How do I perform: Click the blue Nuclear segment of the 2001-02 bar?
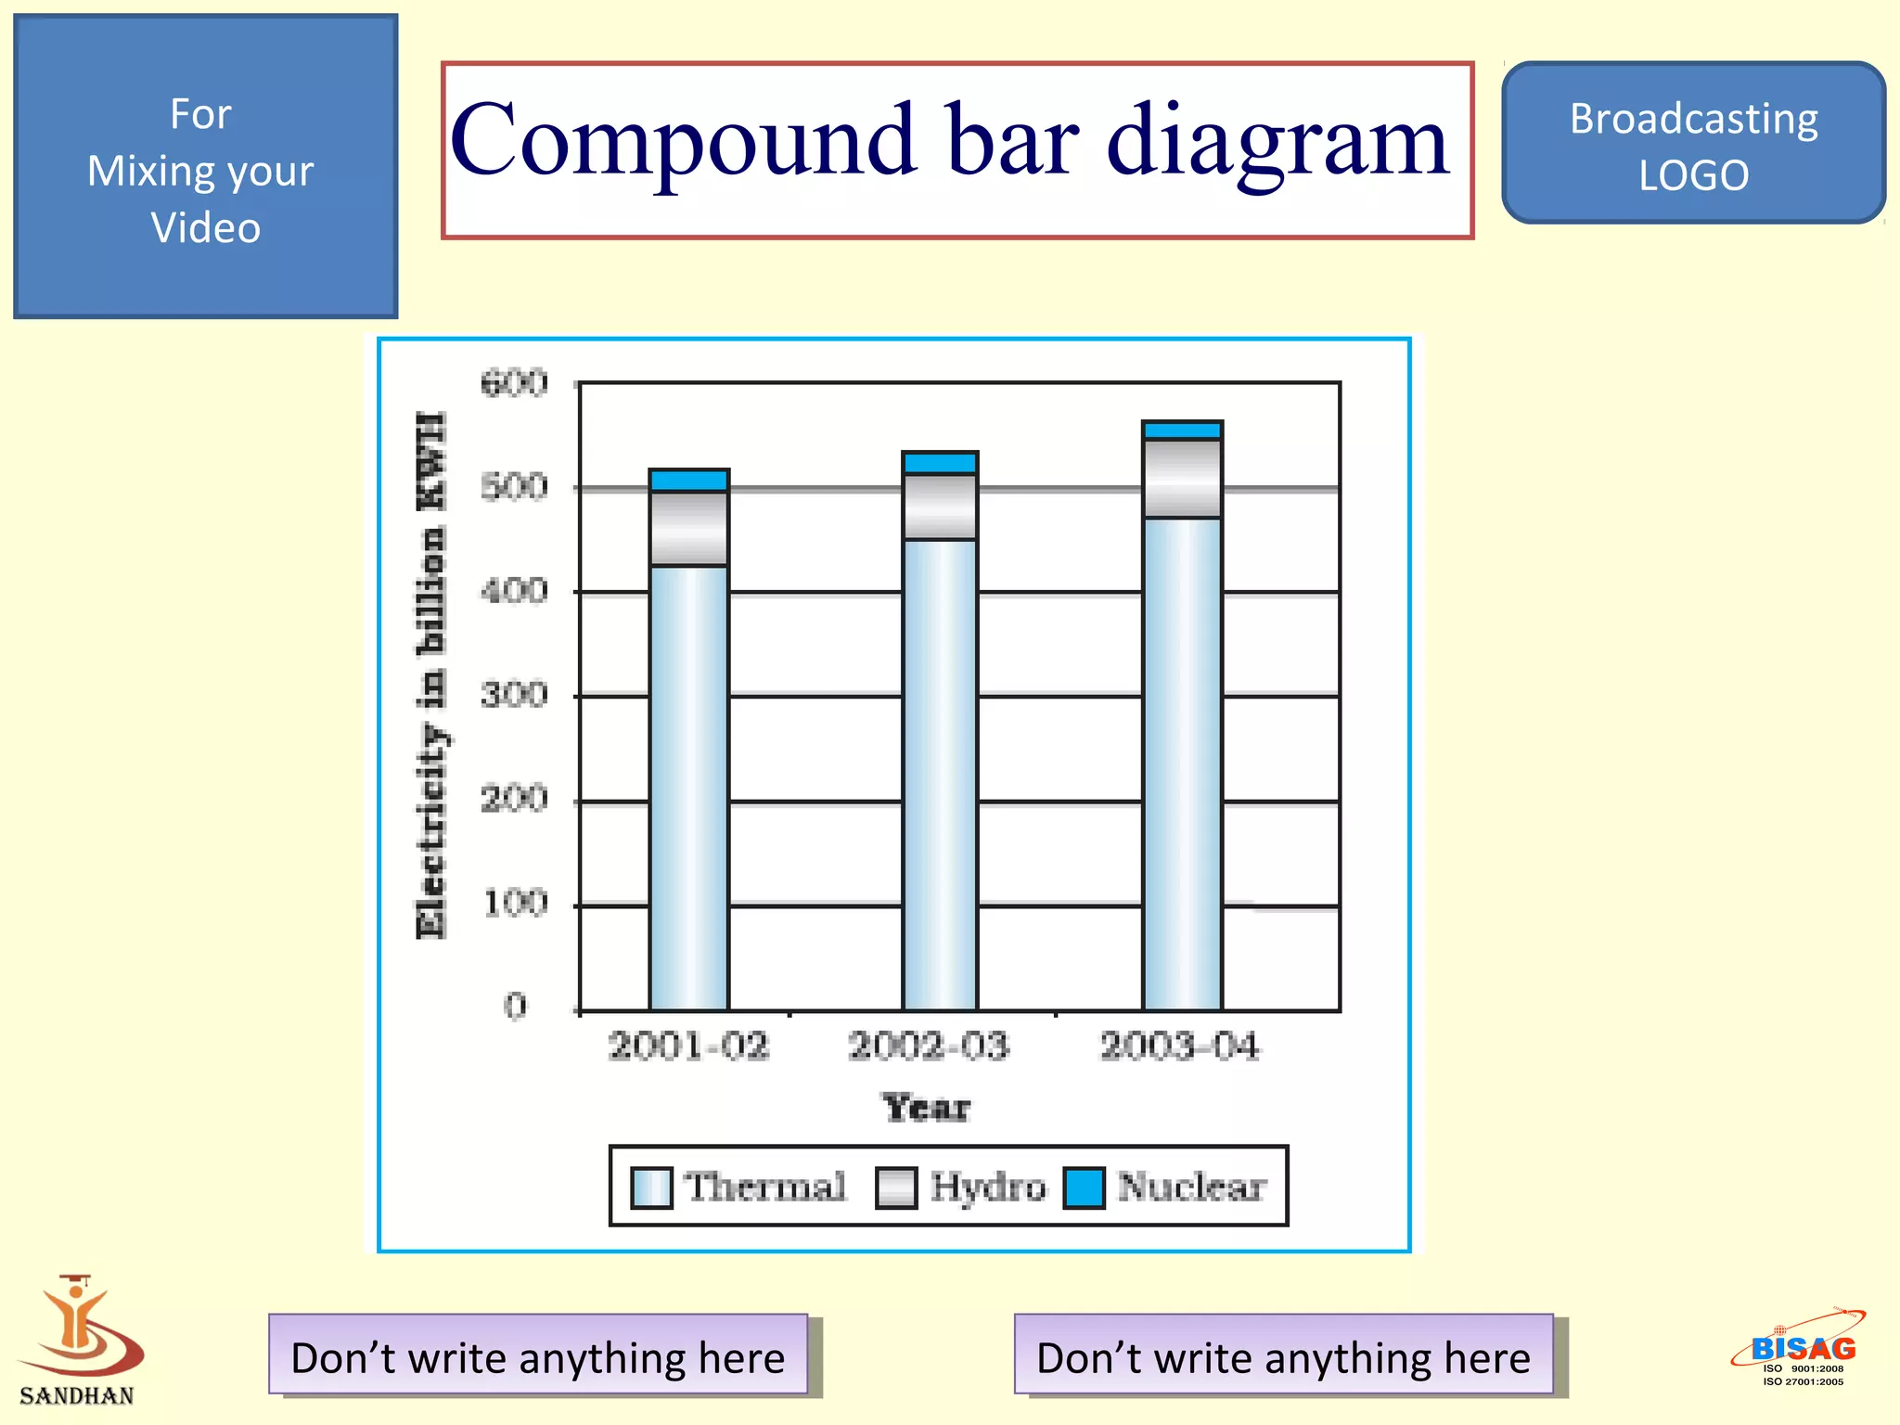[688, 481]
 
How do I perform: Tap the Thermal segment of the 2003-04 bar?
[1182, 761]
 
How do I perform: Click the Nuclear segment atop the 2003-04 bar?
[1182, 430]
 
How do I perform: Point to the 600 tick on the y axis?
[514, 382]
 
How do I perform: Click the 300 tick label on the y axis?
[514, 694]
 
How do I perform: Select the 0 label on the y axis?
[515, 1006]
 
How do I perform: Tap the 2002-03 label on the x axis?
[929, 1046]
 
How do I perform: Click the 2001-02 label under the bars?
[688, 1046]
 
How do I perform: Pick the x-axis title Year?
[927, 1108]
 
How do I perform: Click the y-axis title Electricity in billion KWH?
[432, 675]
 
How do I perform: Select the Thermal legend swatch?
[650, 1187]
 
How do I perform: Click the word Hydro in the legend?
[987, 1187]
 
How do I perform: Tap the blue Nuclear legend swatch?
[1084, 1187]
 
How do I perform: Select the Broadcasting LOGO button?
[1693, 144]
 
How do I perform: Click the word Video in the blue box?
[205, 228]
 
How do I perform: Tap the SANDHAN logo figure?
[79, 1327]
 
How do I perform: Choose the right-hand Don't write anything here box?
[1283, 1355]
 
